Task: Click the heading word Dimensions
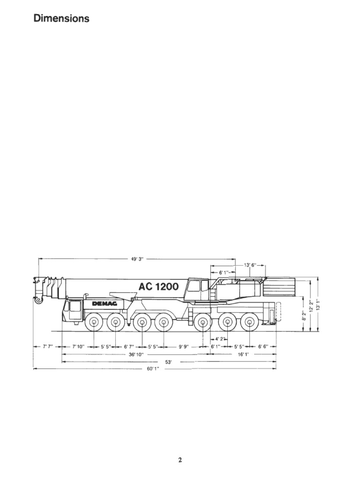[61, 19]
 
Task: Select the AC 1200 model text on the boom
[158, 286]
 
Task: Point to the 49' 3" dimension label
[137, 258]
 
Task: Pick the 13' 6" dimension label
[250, 265]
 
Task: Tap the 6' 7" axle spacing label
[129, 346]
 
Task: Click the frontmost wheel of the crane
[94, 322]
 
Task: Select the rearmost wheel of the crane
[250, 322]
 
